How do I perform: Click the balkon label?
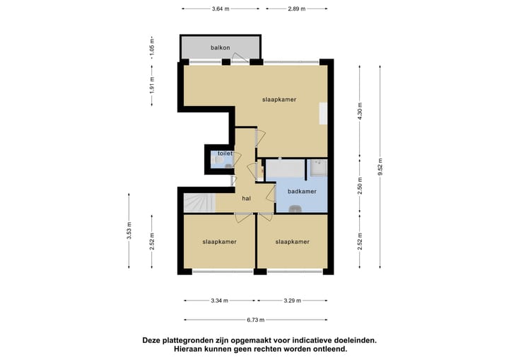(x=220, y=48)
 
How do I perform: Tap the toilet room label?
(x=225, y=153)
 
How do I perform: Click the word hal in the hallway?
(x=246, y=199)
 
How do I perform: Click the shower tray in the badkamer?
(x=317, y=169)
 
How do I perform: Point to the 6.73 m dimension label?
(x=255, y=320)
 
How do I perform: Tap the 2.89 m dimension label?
(x=297, y=8)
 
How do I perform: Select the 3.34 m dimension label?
(x=220, y=301)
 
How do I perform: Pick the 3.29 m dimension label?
(x=292, y=301)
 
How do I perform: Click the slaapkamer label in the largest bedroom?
(x=279, y=100)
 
